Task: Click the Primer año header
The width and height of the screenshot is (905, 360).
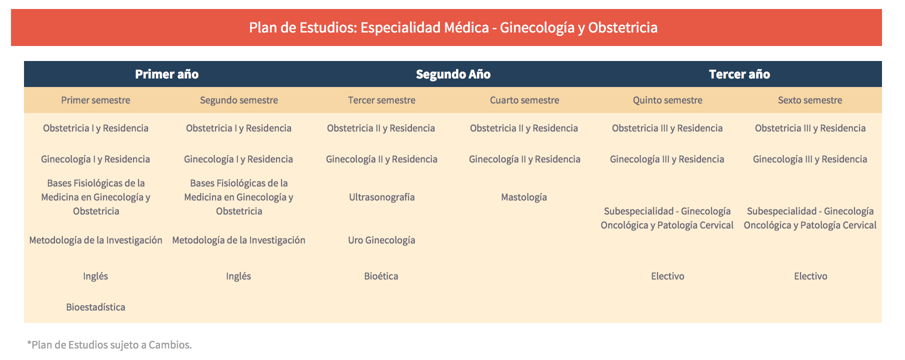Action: coord(167,74)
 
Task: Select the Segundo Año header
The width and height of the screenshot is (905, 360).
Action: coord(453,74)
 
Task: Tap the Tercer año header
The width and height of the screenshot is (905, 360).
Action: coord(739,74)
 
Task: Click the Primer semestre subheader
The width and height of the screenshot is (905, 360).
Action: coord(95,100)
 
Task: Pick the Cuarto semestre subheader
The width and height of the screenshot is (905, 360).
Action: coord(524,100)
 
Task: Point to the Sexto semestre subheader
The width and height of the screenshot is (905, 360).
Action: coord(810,100)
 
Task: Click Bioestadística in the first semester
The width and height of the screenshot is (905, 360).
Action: coord(95,307)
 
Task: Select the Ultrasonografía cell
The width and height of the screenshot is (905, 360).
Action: coord(382,197)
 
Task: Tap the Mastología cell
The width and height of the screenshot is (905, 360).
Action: coord(524,197)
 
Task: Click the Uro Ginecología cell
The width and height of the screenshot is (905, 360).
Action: coord(381,240)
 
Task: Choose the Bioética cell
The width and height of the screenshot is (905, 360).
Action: coord(381,276)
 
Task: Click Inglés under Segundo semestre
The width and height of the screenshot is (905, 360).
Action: coord(238,276)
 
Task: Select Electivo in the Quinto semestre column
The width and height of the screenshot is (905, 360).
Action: coord(667,276)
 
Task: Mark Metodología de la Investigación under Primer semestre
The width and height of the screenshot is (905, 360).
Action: coord(95,240)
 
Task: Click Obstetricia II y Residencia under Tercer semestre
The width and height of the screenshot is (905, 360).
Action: coord(381,128)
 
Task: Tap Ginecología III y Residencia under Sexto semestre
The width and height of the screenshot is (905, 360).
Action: coord(810,159)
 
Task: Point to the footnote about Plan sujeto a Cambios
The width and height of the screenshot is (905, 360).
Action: coord(109,344)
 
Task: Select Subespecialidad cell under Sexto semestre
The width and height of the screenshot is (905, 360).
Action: coord(810,218)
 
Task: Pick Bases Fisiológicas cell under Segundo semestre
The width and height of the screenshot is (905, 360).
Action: coord(238,197)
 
